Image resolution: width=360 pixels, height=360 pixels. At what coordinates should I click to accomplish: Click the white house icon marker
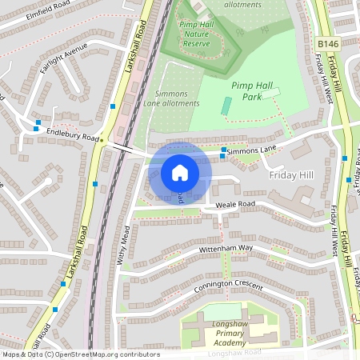[180, 173]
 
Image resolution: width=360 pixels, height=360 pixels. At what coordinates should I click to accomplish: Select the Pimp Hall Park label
[252, 90]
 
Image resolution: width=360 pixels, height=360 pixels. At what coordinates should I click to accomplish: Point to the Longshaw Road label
[234, 353]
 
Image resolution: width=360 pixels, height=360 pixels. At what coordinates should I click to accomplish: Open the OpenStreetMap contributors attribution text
[80, 354]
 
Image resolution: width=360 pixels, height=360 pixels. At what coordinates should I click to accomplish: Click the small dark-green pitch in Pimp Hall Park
[226, 106]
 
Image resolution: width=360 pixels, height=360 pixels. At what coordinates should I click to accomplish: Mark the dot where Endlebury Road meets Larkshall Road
[102, 138]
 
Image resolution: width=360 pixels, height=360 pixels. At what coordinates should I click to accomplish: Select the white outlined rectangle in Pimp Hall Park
[271, 94]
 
